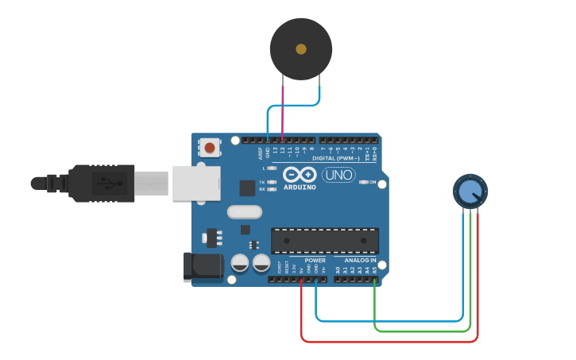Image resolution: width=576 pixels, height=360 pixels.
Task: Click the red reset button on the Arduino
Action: pyautogui.click(x=210, y=147)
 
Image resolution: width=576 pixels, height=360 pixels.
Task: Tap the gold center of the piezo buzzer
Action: pyautogui.click(x=301, y=49)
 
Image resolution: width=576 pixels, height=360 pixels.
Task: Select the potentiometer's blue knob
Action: pyautogui.click(x=470, y=191)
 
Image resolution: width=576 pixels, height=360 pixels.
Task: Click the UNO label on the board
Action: pyautogui.click(x=338, y=175)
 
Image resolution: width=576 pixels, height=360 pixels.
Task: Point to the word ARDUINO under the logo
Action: pyautogui.click(x=299, y=188)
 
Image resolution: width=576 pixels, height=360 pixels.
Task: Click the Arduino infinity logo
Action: pyautogui.click(x=300, y=175)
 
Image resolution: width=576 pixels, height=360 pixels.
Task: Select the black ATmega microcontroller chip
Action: pyautogui.click(x=325, y=241)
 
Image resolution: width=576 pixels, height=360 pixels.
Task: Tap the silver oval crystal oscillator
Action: pyautogui.click(x=244, y=212)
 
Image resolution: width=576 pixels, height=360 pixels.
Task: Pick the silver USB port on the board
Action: pyautogui.click(x=195, y=184)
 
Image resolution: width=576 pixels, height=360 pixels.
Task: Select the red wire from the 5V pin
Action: pyautogui.click(x=389, y=341)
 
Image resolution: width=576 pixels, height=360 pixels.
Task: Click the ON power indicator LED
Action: pyautogui.click(x=364, y=182)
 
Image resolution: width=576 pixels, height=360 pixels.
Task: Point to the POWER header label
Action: pyautogui.click(x=315, y=261)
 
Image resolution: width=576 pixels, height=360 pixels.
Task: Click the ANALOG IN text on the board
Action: pyautogui.click(x=360, y=261)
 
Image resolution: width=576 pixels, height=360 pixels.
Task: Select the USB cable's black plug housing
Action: pyautogui.click(x=102, y=184)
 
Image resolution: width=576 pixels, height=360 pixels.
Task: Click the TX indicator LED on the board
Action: pyautogui.click(x=272, y=182)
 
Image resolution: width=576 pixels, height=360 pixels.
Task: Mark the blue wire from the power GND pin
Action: pyautogui.click(x=389, y=320)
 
